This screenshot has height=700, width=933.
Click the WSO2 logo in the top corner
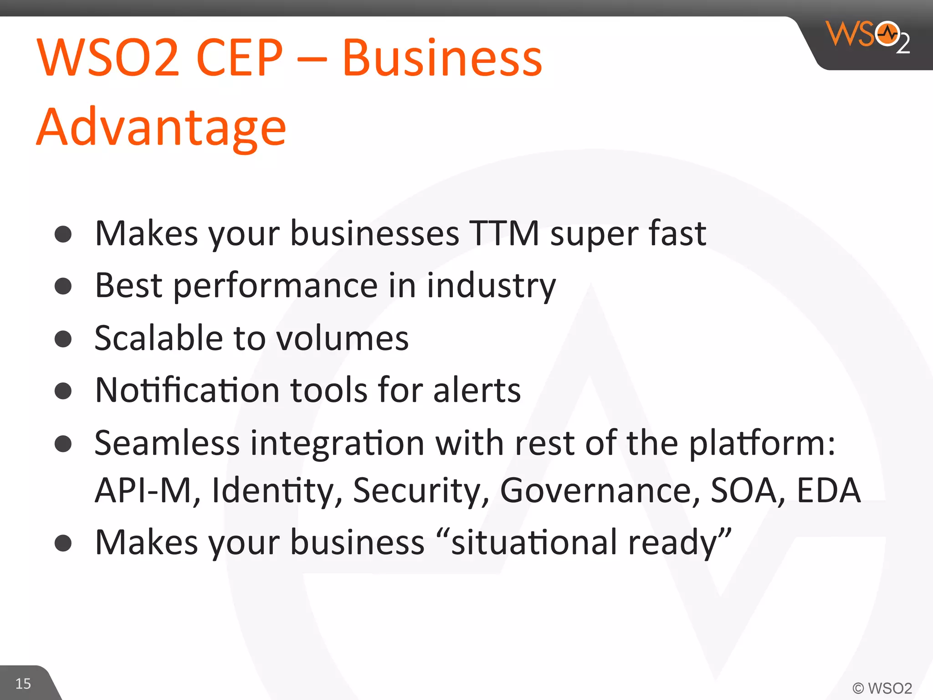(868, 36)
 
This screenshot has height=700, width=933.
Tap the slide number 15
(23, 683)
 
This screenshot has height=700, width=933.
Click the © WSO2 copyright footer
(882, 688)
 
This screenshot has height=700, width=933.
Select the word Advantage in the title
(161, 127)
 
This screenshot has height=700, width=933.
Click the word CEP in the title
(240, 58)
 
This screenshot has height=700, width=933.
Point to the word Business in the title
(442, 58)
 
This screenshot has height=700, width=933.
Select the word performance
(276, 286)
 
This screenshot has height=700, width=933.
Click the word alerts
(477, 391)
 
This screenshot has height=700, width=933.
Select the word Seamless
(167, 443)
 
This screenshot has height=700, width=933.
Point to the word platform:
(762, 443)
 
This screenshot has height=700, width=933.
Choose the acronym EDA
(828, 490)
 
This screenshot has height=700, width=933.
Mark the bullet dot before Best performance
(63, 286)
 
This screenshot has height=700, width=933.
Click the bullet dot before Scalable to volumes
(63, 339)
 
